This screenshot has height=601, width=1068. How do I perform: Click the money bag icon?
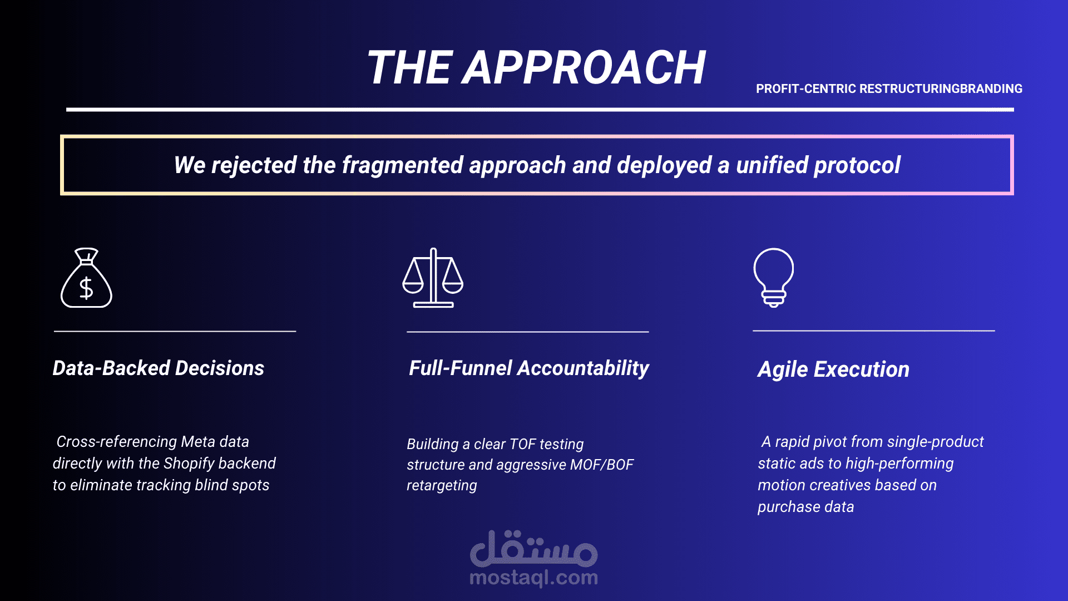click(86, 278)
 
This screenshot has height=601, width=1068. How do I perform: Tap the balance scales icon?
click(433, 278)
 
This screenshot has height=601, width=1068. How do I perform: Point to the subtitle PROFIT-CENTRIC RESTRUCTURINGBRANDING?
click(889, 88)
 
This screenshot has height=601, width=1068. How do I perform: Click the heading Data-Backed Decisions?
click(158, 368)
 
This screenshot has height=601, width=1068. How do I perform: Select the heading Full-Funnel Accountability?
click(529, 368)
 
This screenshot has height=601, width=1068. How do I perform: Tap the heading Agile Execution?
click(833, 370)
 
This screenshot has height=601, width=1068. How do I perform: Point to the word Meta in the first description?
click(198, 442)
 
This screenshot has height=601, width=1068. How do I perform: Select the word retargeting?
click(442, 486)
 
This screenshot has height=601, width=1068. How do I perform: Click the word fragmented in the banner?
click(402, 165)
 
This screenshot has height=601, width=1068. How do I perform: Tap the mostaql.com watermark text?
click(534, 578)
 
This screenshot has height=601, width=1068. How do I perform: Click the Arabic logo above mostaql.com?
click(534, 548)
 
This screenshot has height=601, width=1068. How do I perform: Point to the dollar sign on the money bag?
click(86, 288)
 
